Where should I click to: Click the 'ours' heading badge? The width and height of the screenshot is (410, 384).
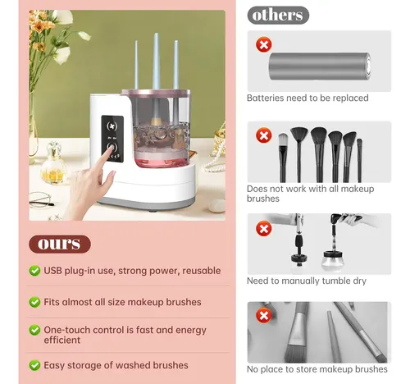pyautogui.click(x=60, y=244)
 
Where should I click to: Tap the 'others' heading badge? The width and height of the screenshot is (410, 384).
pyautogui.click(x=278, y=15)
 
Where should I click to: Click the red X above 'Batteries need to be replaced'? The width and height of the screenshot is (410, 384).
pyautogui.click(x=264, y=44)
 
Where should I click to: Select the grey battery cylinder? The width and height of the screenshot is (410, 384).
pyautogui.click(x=320, y=66)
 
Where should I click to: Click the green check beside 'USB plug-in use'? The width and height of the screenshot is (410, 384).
pyautogui.click(x=34, y=271)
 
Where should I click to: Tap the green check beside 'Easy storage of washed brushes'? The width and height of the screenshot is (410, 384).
pyautogui.click(x=34, y=365)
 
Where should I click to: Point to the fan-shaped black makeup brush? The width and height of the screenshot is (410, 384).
pyautogui.click(x=299, y=153)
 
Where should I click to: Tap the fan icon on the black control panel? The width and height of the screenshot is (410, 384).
pyautogui.click(x=112, y=126)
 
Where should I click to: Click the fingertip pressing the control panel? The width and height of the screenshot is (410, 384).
pyautogui.click(x=111, y=147)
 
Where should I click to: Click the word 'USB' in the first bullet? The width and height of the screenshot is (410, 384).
pyautogui.click(x=52, y=271)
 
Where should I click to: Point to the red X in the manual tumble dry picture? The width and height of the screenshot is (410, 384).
pyautogui.click(x=264, y=228)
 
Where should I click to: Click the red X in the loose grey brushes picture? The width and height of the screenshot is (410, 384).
pyautogui.click(x=264, y=315)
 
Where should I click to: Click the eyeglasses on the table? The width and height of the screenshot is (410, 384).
pyautogui.click(x=41, y=199)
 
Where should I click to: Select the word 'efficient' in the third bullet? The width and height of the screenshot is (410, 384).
pyautogui.click(x=62, y=340)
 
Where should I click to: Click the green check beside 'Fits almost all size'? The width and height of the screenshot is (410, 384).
pyautogui.click(x=34, y=302)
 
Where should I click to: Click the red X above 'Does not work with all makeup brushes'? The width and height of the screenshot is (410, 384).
pyautogui.click(x=264, y=135)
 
